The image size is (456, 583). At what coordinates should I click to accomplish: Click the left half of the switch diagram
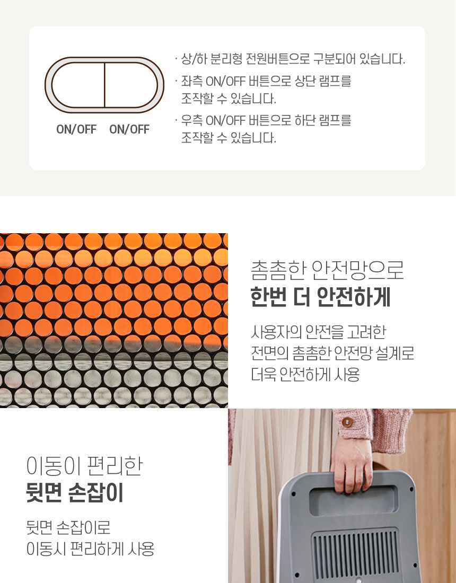point(78,85)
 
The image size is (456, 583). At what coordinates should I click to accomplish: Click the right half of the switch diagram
point(131,85)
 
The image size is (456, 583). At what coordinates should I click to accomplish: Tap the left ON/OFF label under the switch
point(76,129)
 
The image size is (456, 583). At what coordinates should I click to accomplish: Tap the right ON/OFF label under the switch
point(129,129)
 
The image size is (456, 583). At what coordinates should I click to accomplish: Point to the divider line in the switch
point(104,85)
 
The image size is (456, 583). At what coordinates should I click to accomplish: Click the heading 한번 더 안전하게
point(320,297)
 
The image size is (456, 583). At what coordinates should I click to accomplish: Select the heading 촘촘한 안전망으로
point(327,270)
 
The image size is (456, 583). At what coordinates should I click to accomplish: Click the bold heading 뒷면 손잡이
point(75,492)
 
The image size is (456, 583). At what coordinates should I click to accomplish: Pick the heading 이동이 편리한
point(84,465)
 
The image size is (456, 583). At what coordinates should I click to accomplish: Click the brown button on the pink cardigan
point(347,422)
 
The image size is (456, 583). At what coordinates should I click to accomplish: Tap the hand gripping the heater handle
point(351,464)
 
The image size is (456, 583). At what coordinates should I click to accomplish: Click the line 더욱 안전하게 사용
point(305,374)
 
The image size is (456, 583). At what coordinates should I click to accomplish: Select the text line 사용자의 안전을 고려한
point(319,332)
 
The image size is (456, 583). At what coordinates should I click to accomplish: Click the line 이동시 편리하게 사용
point(90,549)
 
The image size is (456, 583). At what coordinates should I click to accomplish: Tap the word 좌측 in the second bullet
point(192,81)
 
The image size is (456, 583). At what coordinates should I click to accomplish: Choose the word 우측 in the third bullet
point(192,120)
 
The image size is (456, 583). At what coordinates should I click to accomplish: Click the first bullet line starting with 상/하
point(293,59)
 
